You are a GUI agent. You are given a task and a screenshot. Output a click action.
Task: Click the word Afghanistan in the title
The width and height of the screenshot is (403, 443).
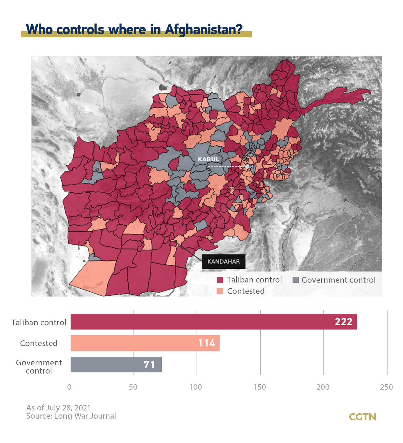[x=203, y=29]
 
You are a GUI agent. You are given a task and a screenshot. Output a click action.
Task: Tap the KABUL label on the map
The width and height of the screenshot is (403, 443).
[x=209, y=159]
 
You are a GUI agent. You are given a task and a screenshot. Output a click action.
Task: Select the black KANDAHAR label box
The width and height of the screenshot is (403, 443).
[x=224, y=261]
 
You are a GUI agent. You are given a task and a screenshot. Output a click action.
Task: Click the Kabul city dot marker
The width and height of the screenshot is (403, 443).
[x=247, y=167]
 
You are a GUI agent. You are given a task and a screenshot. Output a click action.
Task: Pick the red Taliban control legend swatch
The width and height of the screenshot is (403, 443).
[x=220, y=280]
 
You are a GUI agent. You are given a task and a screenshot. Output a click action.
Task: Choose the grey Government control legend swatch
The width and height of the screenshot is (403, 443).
[x=295, y=280]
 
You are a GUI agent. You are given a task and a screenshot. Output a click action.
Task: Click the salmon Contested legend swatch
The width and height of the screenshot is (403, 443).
[x=220, y=291]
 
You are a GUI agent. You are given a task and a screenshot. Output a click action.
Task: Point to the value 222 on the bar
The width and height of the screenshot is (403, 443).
[x=343, y=322]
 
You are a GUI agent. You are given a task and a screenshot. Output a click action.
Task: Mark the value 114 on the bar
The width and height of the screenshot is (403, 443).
[x=206, y=343]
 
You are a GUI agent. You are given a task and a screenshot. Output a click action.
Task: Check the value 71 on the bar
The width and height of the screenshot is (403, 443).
[x=149, y=365]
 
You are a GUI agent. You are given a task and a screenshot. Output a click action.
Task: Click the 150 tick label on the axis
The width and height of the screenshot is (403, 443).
[x=260, y=387]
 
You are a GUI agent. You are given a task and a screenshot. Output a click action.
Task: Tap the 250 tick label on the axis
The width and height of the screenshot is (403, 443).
[x=386, y=387]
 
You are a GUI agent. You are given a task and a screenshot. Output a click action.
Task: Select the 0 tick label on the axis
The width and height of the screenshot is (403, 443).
[x=69, y=387]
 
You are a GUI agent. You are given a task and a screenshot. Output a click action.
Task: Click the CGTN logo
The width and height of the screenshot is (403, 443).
[x=362, y=417]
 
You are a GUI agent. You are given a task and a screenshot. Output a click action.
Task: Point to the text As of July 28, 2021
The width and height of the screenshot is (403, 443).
[x=58, y=408]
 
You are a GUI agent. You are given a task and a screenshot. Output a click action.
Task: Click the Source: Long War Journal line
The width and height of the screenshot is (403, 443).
[x=71, y=416]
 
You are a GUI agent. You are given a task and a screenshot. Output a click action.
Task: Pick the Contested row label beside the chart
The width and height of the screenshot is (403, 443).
[x=39, y=343]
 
